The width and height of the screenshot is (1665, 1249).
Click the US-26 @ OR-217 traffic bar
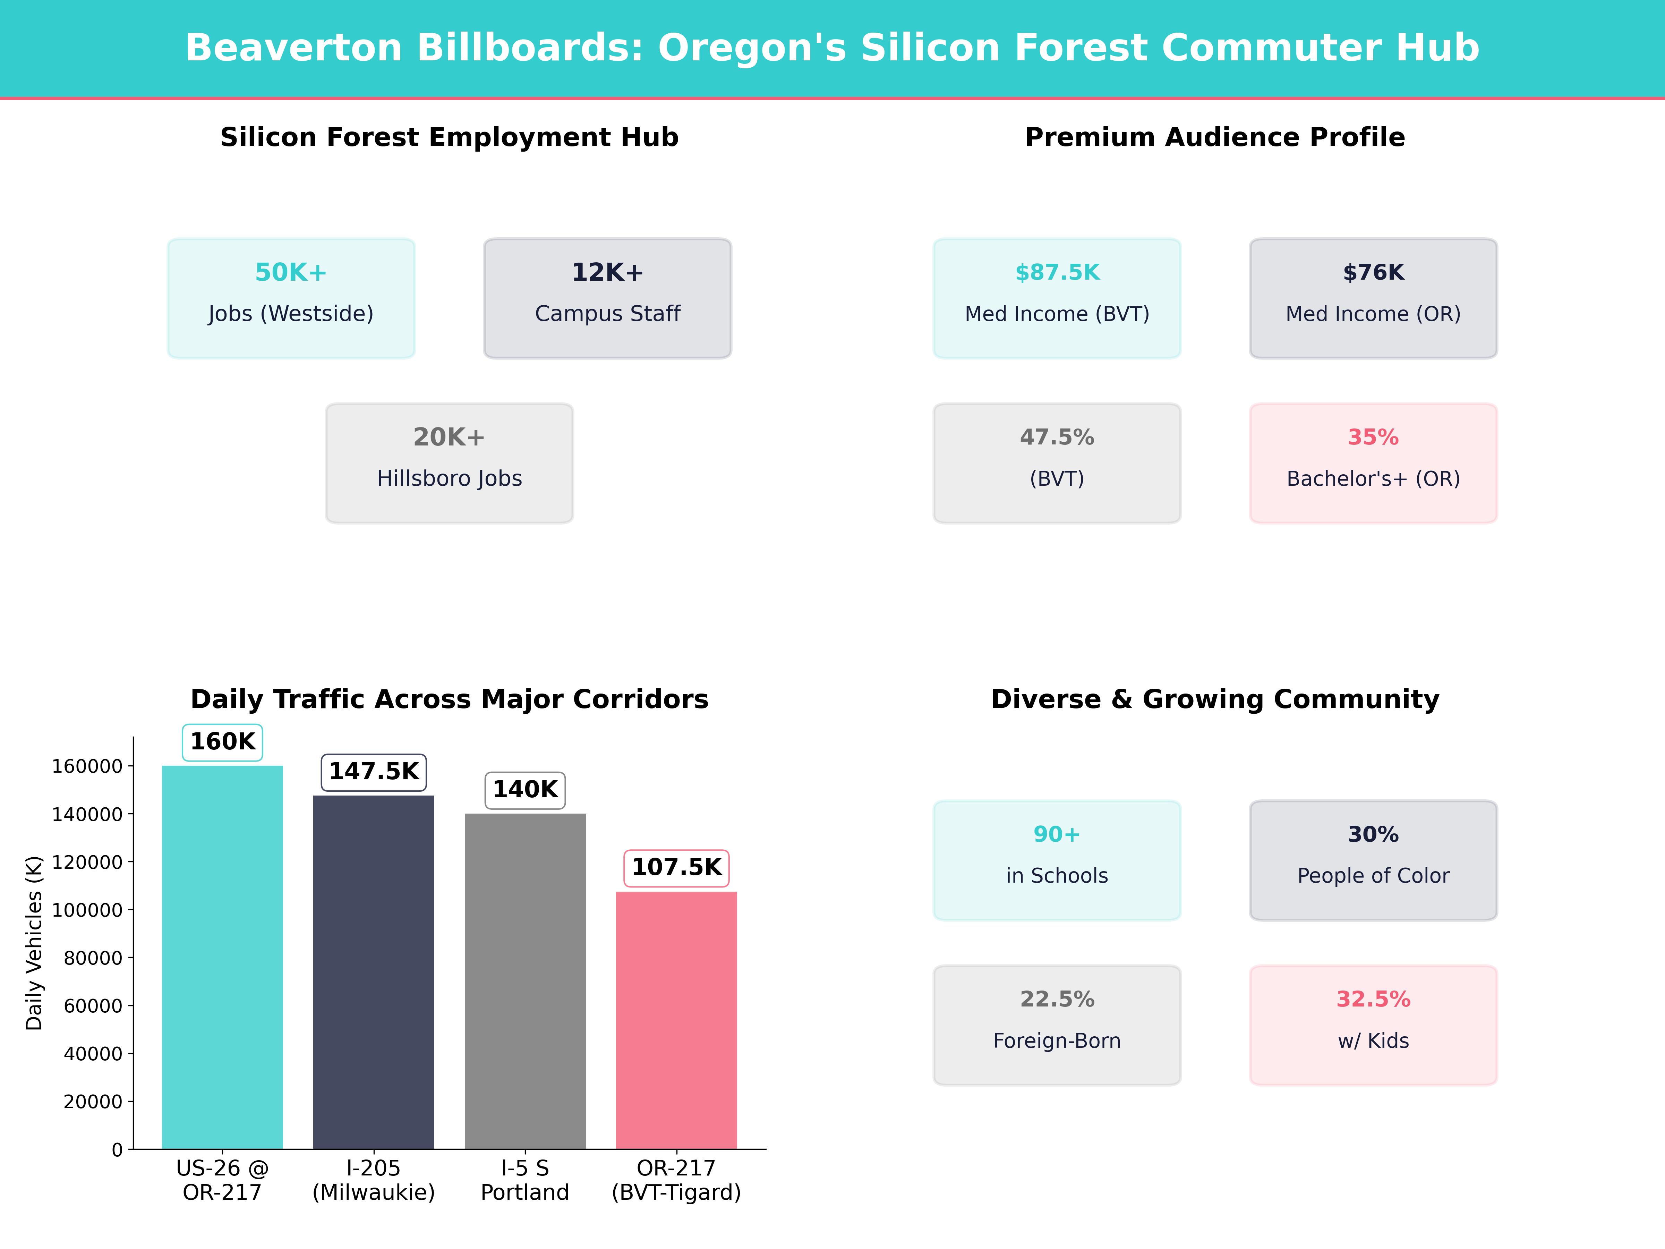[x=222, y=956]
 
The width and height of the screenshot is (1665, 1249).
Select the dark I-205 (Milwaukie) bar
[x=373, y=971]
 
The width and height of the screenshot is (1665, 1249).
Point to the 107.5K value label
[x=676, y=867]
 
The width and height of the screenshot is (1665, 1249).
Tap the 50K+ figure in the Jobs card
[x=291, y=273]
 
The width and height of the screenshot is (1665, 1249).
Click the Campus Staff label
[x=607, y=314]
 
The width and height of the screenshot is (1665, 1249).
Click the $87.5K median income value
[x=1057, y=273]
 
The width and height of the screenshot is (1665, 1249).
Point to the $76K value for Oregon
[x=1373, y=273]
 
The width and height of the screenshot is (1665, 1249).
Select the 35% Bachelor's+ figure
[x=1373, y=437]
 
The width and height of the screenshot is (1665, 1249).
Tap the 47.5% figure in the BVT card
[x=1057, y=437]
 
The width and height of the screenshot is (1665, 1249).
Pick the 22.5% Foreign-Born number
[x=1057, y=1000]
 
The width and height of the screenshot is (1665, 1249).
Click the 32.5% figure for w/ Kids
[x=1373, y=1000]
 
